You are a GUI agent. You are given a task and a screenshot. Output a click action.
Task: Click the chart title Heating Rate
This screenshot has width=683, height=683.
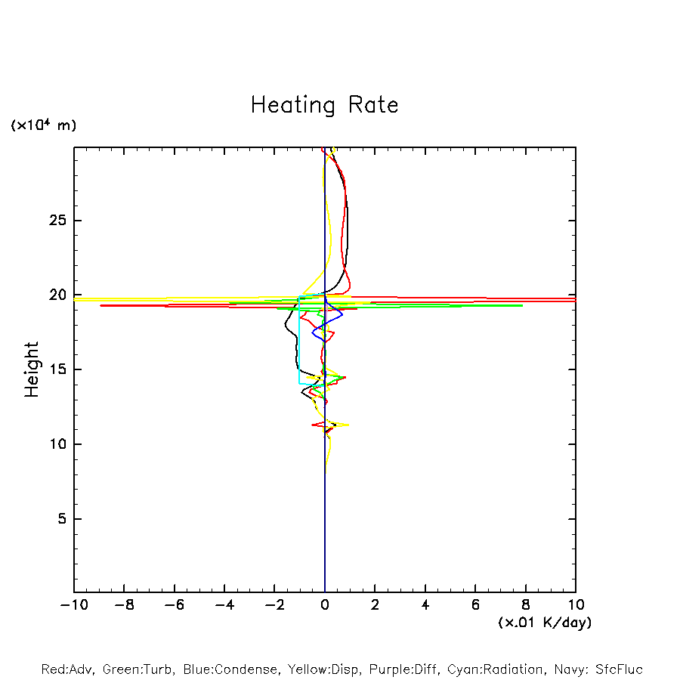tap(324, 105)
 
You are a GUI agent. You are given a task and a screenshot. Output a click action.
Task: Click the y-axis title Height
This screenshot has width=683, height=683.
tap(32, 369)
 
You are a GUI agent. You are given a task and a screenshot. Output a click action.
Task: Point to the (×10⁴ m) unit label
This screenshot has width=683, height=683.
tap(43, 125)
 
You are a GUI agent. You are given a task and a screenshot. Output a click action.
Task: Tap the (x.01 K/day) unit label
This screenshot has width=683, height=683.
tap(544, 623)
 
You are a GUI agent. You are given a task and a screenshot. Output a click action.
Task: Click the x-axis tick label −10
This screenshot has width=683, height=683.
tap(73, 604)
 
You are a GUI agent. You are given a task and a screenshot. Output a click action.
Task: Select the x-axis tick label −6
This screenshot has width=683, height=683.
tap(174, 604)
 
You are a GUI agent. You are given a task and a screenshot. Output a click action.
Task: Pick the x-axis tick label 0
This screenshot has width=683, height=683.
tap(325, 604)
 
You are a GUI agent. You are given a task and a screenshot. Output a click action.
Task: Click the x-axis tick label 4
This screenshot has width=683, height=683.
tap(425, 604)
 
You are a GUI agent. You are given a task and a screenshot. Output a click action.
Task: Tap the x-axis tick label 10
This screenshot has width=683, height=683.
tap(575, 604)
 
